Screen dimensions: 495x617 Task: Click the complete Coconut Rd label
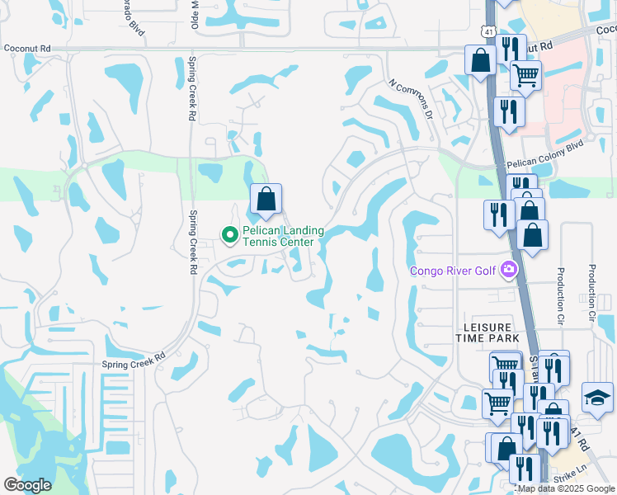point(27,49)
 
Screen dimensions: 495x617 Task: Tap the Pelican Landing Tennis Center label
point(277,236)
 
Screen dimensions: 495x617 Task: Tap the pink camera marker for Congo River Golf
point(508,269)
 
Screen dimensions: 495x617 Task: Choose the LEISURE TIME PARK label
point(487,332)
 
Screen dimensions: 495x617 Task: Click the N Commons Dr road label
point(411,99)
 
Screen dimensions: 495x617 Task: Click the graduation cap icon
point(596,398)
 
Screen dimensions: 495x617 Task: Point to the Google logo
point(27,484)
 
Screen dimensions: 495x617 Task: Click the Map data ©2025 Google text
point(566,488)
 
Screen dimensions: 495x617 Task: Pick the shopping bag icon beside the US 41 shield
point(480,60)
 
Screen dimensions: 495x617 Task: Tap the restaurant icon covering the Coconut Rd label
point(512,49)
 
